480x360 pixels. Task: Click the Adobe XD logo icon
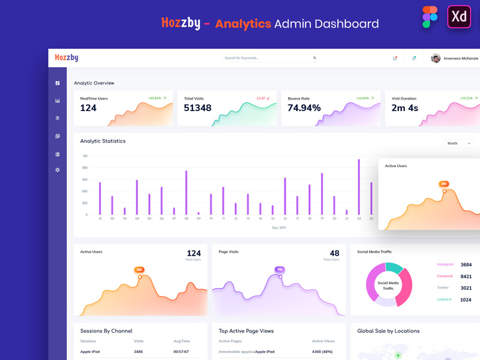point(459,17)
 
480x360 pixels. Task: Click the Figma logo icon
point(430,17)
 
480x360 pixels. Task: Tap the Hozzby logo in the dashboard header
point(67,58)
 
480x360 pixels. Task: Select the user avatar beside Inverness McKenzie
point(436,58)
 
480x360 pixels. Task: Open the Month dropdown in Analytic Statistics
point(459,143)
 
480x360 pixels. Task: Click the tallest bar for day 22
point(359,187)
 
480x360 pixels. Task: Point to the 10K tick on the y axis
point(85,156)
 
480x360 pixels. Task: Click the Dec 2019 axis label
point(279,228)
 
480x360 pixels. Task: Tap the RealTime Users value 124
point(88,108)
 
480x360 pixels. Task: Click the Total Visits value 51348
point(197,108)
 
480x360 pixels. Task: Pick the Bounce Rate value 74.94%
point(304,108)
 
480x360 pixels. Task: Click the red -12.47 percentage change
point(262,98)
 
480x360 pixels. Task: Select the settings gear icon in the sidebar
point(58,170)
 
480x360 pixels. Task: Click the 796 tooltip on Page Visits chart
point(280,269)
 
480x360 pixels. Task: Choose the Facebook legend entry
point(445,276)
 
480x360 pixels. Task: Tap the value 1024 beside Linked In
point(466,299)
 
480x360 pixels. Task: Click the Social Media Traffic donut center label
point(388,286)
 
